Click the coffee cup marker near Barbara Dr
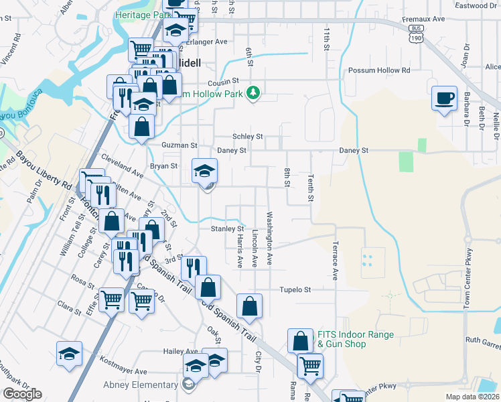click(444, 98)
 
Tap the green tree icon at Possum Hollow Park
click(253, 92)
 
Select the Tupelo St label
click(296, 290)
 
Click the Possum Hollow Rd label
click(378, 70)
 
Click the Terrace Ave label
click(335, 261)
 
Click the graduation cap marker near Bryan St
click(205, 170)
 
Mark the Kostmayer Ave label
click(122, 371)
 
